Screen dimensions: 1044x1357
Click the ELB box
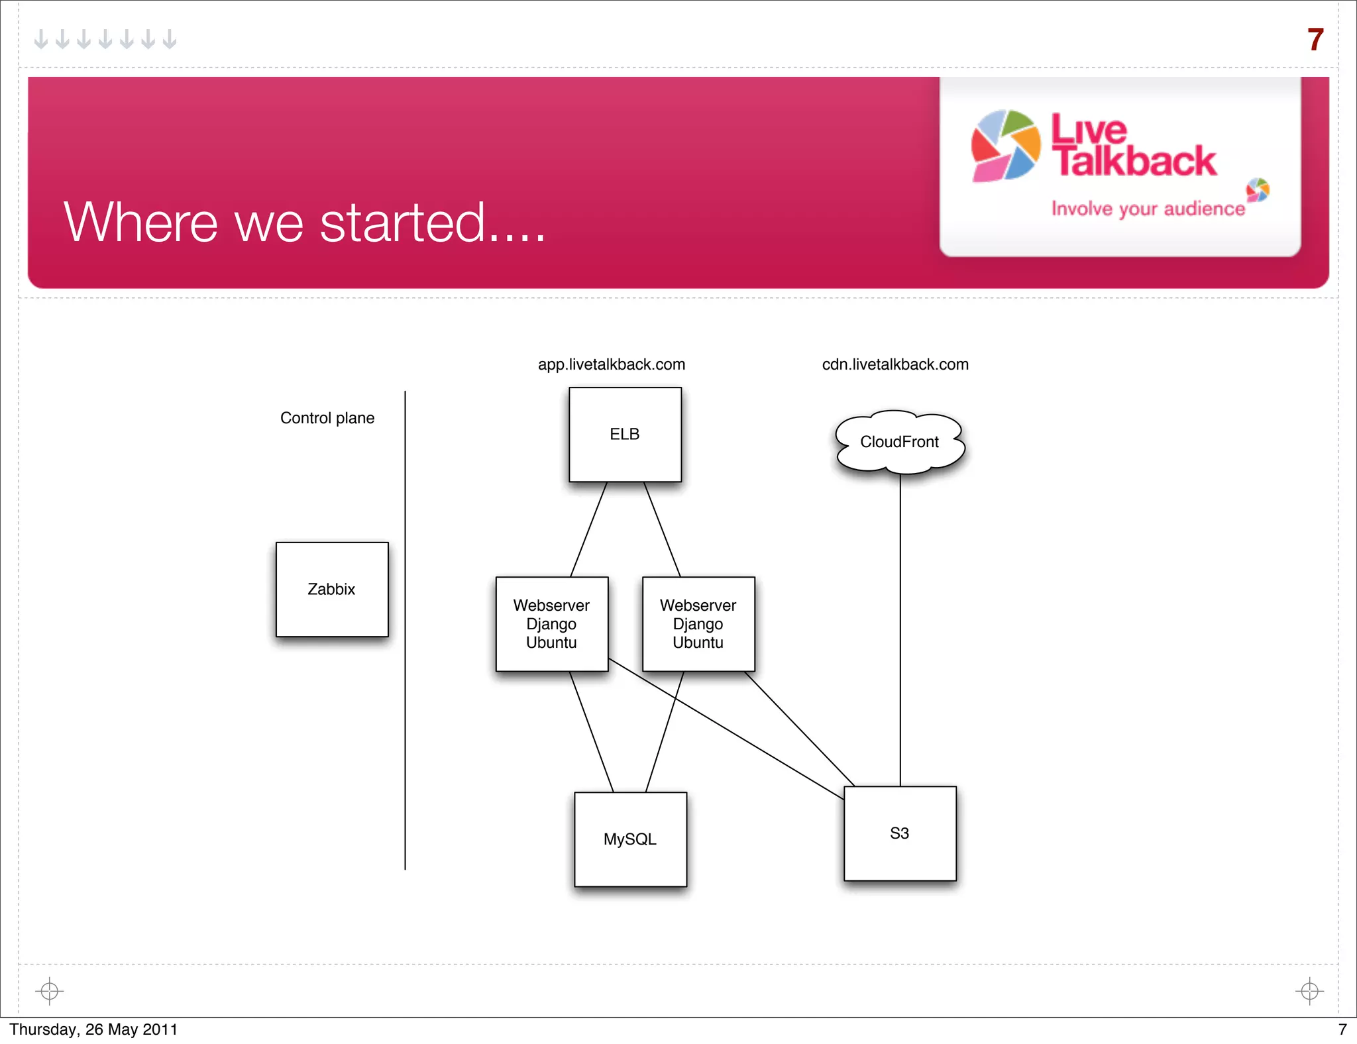(625, 435)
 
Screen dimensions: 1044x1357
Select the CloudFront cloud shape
(899, 442)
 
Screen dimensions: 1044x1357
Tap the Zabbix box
(332, 590)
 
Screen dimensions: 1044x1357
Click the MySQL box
(630, 839)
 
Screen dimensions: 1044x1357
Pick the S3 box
(900, 833)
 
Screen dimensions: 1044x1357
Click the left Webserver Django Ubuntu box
(551, 624)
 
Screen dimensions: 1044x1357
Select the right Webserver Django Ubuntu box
(698, 624)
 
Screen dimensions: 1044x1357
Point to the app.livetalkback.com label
(611, 364)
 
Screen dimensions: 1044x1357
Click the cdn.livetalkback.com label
(895, 364)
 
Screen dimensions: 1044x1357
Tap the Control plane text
(327, 418)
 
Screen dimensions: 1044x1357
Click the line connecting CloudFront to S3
(900, 629)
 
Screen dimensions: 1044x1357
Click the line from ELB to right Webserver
(663, 530)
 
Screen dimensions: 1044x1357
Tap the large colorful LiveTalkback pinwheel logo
(1005, 146)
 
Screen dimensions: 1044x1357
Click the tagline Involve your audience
(1148, 209)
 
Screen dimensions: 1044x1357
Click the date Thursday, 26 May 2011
(93, 1029)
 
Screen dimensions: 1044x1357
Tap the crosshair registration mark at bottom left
(50, 991)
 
